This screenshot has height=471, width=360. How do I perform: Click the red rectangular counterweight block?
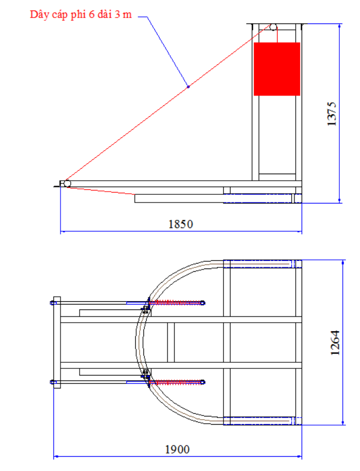(x=277, y=69)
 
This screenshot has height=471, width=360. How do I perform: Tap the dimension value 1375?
(x=332, y=114)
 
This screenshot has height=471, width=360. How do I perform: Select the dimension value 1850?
(x=181, y=224)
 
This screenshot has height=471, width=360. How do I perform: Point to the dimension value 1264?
(x=335, y=343)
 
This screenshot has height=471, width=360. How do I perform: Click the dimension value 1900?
(x=177, y=449)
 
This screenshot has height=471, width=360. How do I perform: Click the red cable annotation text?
(x=81, y=15)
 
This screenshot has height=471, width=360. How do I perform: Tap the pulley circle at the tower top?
(x=273, y=27)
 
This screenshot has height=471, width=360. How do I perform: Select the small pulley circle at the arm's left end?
(x=67, y=183)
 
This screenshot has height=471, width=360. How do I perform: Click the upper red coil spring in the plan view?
(x=176, y=303)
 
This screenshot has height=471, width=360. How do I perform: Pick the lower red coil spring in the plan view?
(x=176, y=382)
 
